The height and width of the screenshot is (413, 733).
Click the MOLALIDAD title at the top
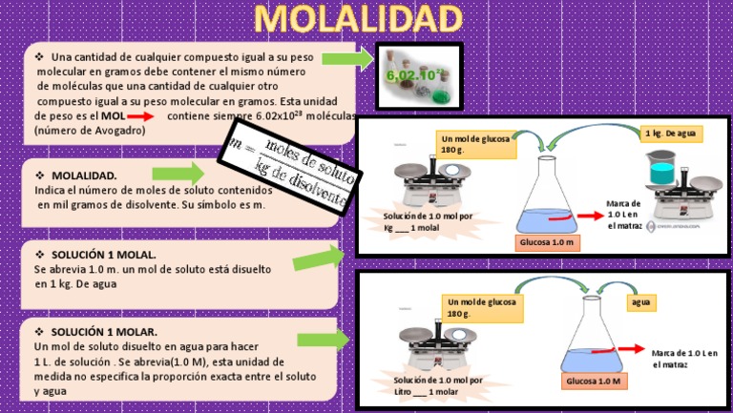tap(358, 18)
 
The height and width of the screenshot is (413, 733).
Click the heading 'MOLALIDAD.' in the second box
tap(83, 176)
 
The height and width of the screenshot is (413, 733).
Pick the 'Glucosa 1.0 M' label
tap(593, 382)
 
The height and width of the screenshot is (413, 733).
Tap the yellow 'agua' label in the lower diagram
tap(639, 302)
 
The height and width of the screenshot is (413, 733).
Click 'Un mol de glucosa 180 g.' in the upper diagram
tap(475, 144)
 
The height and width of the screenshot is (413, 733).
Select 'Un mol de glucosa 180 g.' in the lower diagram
tap(482, 307)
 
